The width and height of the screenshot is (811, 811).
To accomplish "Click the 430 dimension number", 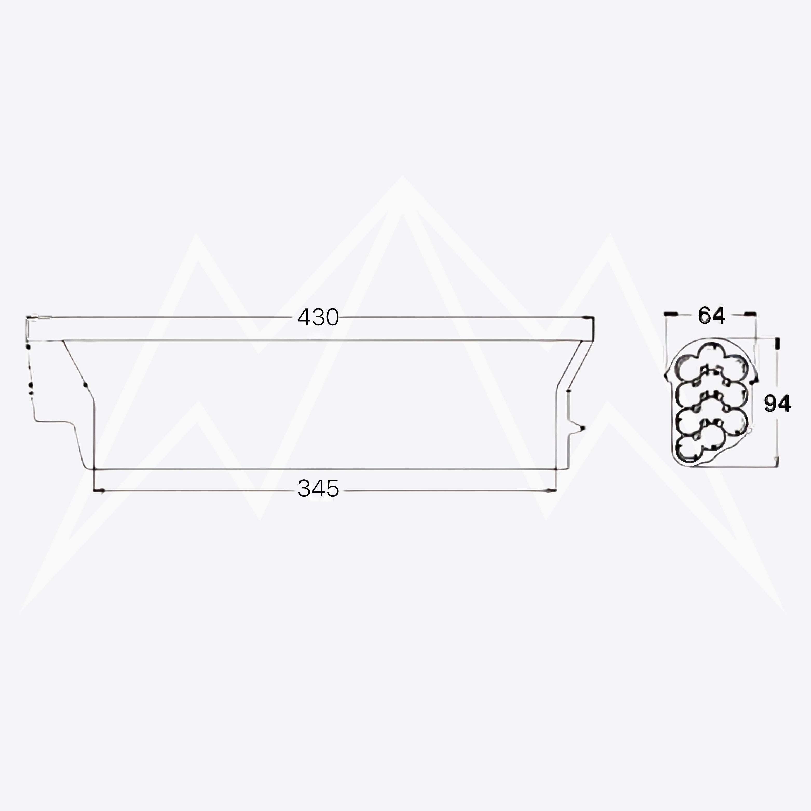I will (318, 317).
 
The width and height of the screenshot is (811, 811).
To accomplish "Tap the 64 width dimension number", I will (711, 315).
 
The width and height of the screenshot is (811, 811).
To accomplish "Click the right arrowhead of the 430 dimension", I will (589, 317).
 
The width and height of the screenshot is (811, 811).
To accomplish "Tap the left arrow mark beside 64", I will (671, 314).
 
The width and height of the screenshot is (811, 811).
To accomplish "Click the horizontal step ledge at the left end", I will (54, 421).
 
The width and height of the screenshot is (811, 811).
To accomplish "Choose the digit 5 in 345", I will (332, 488).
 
